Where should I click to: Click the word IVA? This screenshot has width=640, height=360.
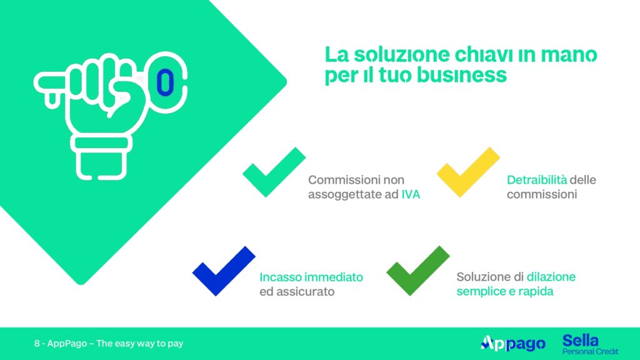click(411, 195)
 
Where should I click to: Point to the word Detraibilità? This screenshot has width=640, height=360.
click(537, 180)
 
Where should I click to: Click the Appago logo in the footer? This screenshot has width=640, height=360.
click(513, 344)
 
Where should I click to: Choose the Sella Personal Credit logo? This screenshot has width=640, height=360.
click(590, 344)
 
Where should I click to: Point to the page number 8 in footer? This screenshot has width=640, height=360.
click(37, 344)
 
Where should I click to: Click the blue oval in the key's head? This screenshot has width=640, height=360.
click(165, 83)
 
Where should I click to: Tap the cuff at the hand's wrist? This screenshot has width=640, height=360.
click(101, 144)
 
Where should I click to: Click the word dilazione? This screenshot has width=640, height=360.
click(551, 277)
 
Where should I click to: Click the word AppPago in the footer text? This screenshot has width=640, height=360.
click(67, 344)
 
